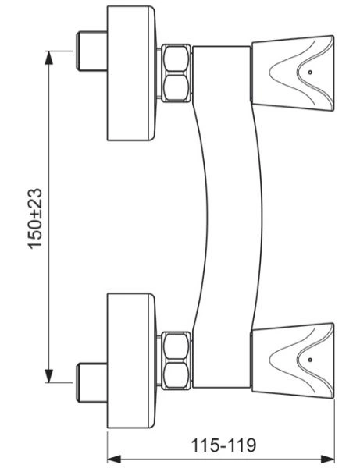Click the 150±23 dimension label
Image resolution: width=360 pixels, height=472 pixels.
[x=35, y=218]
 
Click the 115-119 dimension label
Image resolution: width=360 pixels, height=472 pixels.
[x=224, y=445]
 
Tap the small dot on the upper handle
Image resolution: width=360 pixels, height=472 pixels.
[x=310, y=73]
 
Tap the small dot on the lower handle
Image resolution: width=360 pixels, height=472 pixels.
[x=310, y=360]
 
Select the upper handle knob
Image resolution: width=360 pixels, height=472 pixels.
[x=293, y=74]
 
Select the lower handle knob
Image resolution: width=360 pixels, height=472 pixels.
[x=293, y=361]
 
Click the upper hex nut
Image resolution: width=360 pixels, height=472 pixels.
[x=176, y=73]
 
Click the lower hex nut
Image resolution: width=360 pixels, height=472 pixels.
[x=176, y=360]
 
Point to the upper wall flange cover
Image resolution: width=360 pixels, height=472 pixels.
[x=132, y=73]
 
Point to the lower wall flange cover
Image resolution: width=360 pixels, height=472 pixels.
[x=132, y=360]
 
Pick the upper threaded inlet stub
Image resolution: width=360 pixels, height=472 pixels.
[x=91, y=51]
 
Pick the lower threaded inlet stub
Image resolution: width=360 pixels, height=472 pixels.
[x=91, y=383]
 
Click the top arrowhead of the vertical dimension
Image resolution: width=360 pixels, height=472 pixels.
[x=48, y=58]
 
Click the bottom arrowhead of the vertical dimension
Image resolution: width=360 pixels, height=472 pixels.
[x=48, y=376]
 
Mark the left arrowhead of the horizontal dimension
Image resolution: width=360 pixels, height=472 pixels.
[x=114, y=460]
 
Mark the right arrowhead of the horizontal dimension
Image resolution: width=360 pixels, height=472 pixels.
[x=327, y=460]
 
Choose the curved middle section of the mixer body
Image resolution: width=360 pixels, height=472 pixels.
[x=228, y=217]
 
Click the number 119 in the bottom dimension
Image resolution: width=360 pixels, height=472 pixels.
[x=242, y=445]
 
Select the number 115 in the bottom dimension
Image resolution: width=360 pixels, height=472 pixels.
[x=205, y=445]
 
